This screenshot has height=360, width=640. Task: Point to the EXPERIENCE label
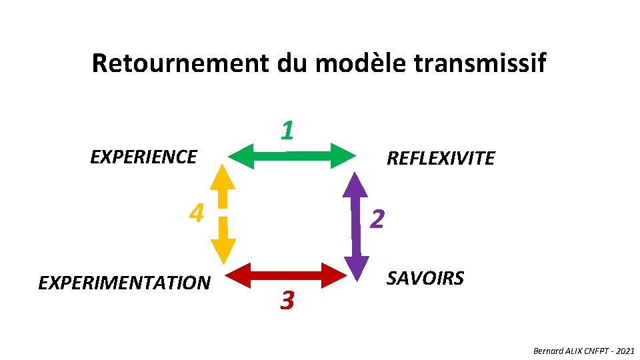[x=143, y=157]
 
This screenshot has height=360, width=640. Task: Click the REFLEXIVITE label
[x=441, y=159]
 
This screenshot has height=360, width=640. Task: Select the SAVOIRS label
[x=425, y=278]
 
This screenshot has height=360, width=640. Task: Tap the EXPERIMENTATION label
[x=124, y=283]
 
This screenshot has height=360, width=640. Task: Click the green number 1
[x=287, y=131]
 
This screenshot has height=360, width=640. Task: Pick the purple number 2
[x=377, y=218]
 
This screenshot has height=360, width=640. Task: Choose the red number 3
[x=287, y=301]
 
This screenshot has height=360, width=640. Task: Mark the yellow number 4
[x=196, y=213]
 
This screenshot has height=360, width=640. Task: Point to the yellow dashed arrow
[x=223, y=213]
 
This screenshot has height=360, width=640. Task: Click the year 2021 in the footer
[x=625, y=351]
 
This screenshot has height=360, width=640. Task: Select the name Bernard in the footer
[x=548, y=351]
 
